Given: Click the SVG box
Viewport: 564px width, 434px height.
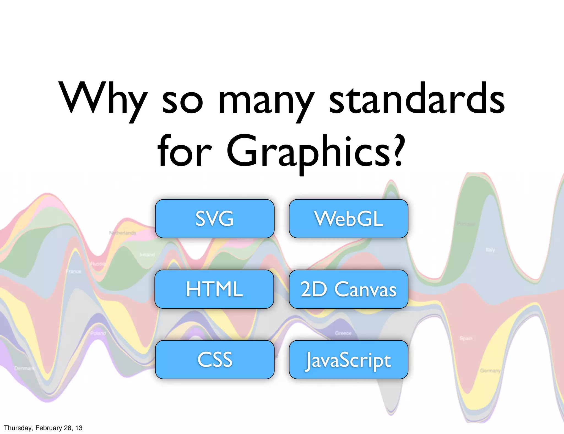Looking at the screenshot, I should pyautogui.click(x=215, y=219).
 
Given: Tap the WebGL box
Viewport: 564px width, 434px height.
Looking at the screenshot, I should pyautogui.click(x=348, y=219).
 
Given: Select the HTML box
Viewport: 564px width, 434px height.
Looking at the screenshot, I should pyautogui.click(x=214, y=289).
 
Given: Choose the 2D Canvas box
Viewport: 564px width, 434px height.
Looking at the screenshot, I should pyautogui.click(x=348, y=289).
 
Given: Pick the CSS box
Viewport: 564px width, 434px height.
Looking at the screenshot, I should pyautogui.click(x=215, y=360).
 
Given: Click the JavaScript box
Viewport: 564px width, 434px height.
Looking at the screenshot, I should pyautogui.click(x=348, y=360).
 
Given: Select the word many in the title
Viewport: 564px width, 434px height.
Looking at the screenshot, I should pyautogui.click(x=266, y=102).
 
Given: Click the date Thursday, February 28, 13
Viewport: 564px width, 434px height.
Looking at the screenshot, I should pyautogui.click(x=43, y=428).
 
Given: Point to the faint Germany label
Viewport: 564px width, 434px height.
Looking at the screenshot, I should pyautogui.click(x=490, y=371).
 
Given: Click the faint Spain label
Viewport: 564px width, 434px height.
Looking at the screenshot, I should pyautogui.click(x=466, y=338).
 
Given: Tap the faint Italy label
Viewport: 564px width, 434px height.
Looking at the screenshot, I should pyautogui.click(x=490, y=250).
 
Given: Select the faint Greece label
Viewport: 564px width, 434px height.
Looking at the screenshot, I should pyautogui.click(x=343, y=333).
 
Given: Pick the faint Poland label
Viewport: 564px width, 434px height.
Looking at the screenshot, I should pyautogui.click(x=98, y=333).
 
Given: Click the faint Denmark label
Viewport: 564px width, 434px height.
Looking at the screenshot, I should pyautogui.click(x=24, y=368).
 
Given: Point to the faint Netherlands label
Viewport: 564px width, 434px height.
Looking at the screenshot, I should pyautogui.click(x=123, y=233).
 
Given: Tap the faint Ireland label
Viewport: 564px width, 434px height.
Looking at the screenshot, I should pyautogui.click(x=147, y=255).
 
